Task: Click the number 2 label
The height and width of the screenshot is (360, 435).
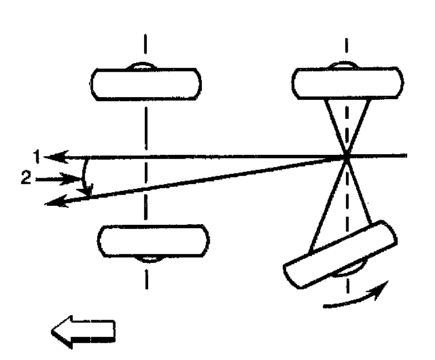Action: point(24,180)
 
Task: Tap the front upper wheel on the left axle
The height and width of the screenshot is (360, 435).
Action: point(145,82)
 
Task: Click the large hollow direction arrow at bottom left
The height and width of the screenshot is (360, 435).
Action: point(84,331)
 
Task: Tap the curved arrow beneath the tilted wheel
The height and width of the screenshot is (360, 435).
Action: point(356,298)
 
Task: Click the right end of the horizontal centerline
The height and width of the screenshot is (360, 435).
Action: point(406,157)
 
